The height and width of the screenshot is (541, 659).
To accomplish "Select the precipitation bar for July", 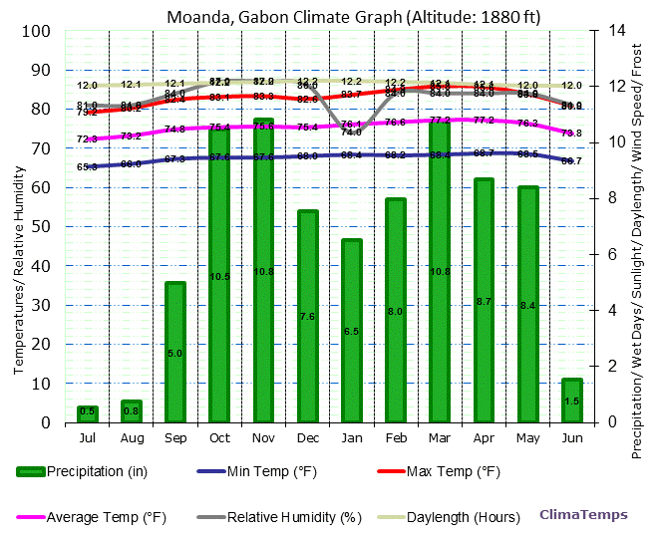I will coord(88,413).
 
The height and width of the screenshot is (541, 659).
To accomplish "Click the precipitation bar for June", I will coord(571,400).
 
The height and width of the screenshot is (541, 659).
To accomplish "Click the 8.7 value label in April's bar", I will coord(484,301).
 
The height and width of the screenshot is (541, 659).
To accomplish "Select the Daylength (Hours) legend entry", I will coord(454,517).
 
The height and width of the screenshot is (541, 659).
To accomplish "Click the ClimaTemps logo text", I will coord(584,515).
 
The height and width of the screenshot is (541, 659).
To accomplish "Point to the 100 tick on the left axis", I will coord(36,31).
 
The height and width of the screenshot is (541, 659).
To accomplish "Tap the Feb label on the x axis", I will coord(396,437).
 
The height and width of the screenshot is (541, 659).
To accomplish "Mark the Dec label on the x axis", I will coord(307,437).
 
